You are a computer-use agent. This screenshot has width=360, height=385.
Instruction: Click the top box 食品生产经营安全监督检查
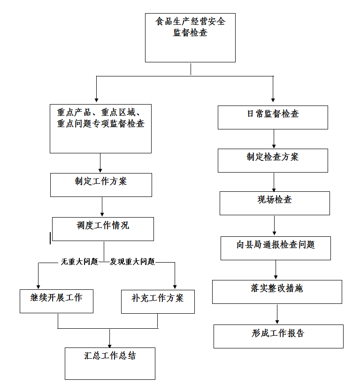190,38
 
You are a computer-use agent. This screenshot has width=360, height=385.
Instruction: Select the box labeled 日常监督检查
273,117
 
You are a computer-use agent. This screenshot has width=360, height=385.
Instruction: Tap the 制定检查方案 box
273,160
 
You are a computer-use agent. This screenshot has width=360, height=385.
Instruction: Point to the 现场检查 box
275,204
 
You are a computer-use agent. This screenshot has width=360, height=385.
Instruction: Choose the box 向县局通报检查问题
276,248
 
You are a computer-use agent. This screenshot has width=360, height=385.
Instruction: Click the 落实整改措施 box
277,292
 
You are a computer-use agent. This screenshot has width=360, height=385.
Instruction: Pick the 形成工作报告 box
278,336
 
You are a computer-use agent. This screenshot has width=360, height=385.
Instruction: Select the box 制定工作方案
101,185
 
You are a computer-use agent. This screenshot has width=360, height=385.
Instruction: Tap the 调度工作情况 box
103,229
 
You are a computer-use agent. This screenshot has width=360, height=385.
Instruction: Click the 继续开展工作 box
56,301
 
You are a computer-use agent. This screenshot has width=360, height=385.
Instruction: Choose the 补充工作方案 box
158,302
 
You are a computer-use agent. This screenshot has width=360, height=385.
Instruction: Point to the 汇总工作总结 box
110,363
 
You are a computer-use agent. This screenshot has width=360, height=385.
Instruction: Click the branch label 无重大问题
79,262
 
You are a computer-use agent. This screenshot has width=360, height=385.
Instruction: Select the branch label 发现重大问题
132,262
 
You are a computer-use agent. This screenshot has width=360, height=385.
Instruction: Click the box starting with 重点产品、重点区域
100,128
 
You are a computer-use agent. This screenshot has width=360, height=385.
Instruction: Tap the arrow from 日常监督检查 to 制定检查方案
274,139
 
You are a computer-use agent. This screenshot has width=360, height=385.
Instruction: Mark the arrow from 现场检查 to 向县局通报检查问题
274,226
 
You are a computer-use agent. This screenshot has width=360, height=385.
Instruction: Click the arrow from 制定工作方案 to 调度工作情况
102,207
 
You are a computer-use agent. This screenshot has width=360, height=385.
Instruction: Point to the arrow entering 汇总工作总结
110,338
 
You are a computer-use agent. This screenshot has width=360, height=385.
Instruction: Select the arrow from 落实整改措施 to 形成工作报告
277,314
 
